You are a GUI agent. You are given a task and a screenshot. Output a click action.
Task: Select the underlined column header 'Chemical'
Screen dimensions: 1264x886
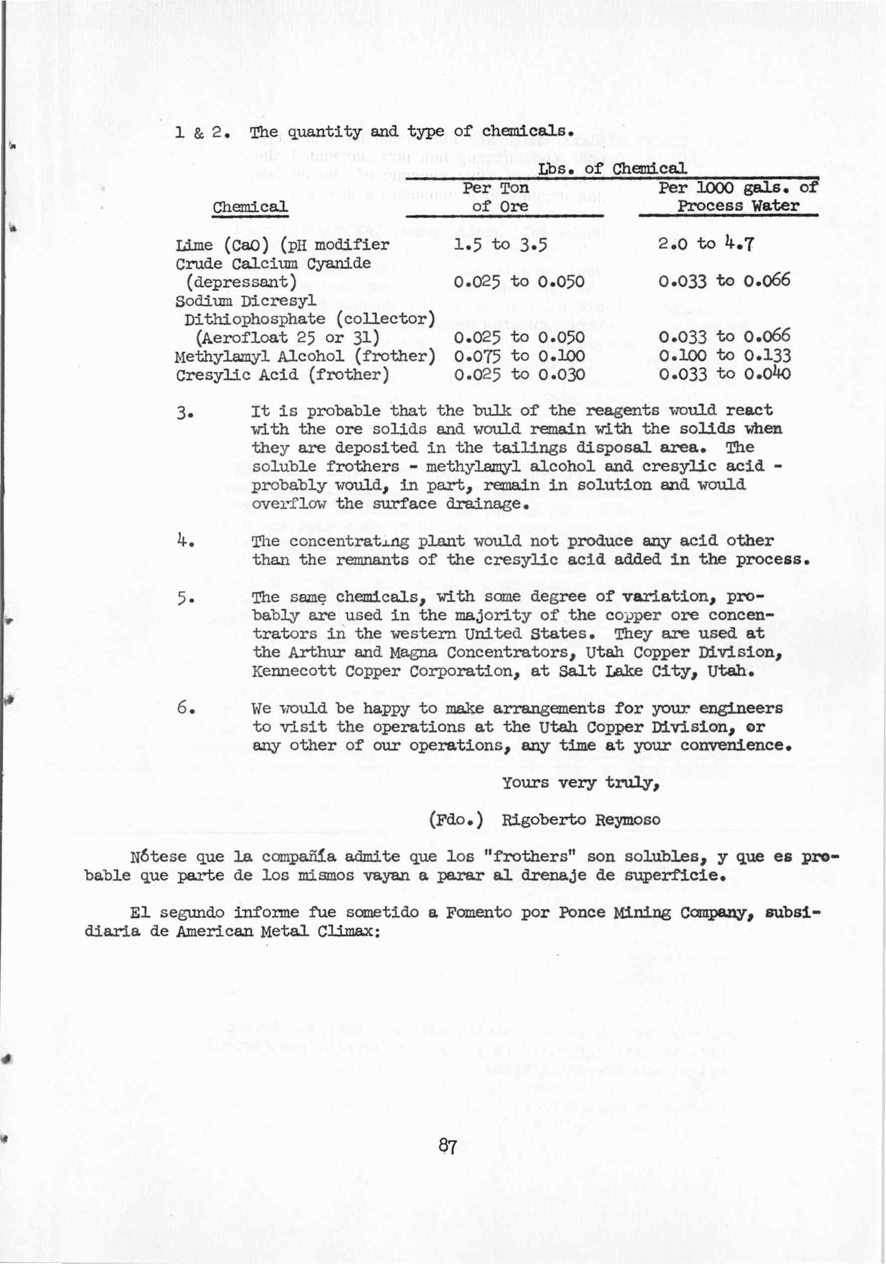tap(250, 208)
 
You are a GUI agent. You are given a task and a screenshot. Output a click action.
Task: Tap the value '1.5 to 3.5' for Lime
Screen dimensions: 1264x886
tap(501, 245)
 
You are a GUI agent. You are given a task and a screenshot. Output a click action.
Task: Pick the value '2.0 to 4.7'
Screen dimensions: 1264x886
tap(706, 244)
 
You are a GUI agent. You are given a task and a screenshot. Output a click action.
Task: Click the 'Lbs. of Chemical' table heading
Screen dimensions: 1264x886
tap(612, 168)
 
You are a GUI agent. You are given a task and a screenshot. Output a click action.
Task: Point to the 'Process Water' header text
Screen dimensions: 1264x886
tap(738, 207)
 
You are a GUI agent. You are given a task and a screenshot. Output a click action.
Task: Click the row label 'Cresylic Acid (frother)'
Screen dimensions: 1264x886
tap(282, 376)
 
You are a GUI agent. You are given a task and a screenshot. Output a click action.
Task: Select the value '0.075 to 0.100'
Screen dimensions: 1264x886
tap(519, 356)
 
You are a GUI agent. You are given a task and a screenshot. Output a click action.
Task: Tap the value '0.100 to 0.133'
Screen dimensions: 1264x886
tap(725, 356)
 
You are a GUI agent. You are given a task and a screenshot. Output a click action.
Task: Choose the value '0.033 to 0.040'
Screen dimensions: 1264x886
tap(725, 375)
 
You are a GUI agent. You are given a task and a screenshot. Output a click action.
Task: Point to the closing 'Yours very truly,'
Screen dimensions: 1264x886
tap(580, 782)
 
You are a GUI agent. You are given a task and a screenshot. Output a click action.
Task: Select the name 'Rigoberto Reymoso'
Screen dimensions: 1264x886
tap(580, 820)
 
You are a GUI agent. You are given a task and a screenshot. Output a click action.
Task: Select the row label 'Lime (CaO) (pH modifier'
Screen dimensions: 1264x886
tap(282, 245)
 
